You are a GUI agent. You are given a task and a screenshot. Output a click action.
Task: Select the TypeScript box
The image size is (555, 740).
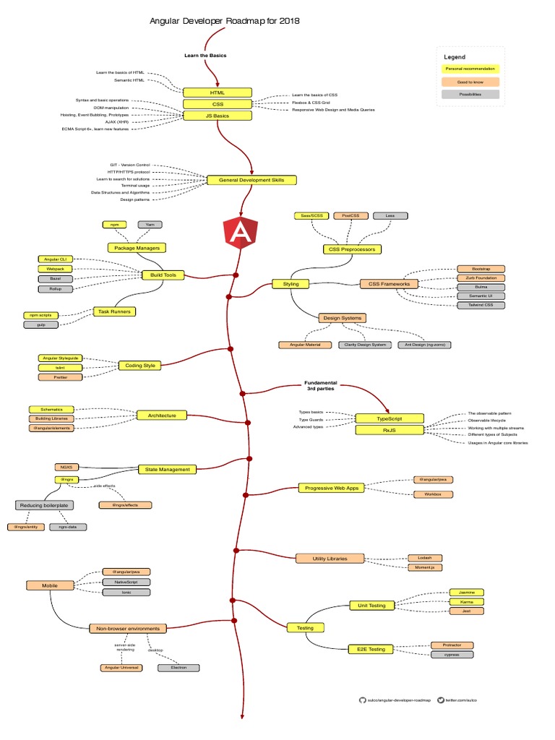[389, 418]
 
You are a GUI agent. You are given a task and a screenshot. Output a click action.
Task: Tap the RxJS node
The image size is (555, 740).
[389, 430]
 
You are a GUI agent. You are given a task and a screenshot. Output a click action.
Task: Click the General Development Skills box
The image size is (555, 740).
[251, 180]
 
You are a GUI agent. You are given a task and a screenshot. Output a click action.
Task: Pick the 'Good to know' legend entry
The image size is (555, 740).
[470, 82]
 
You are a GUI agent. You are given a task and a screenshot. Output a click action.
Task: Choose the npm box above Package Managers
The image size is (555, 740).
[114, 225]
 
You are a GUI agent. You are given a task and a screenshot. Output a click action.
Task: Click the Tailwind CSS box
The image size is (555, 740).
[481, 305]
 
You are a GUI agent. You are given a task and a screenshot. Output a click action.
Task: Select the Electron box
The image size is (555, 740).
[178, 668]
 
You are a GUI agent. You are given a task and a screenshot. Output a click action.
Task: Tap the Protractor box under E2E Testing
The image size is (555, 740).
[452, 645]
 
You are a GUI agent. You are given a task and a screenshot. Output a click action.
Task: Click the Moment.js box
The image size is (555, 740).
[424, 568]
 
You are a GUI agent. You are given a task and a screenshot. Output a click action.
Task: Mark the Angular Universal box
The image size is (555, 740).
[121, 668]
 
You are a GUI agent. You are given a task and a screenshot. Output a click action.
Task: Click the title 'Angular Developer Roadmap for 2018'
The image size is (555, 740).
[224, 22]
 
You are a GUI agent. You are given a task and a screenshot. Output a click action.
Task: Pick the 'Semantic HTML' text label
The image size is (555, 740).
[129, 80]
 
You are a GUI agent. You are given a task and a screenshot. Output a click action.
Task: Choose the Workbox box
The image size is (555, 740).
[433, 494]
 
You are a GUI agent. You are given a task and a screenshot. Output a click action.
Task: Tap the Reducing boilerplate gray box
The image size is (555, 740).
[45, 505]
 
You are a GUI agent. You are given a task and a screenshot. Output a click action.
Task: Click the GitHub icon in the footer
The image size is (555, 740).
[363, 700]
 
